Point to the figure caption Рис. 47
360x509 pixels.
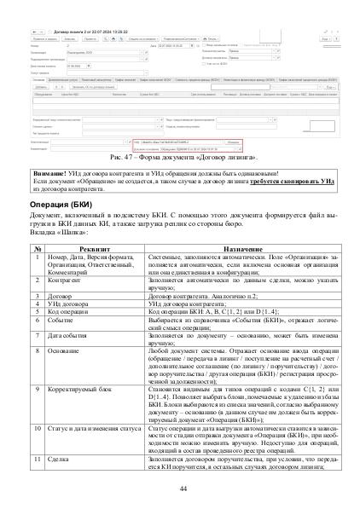pos(178,159)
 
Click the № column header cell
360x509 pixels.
pos(38,248)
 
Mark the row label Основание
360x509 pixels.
pos(65,344)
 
